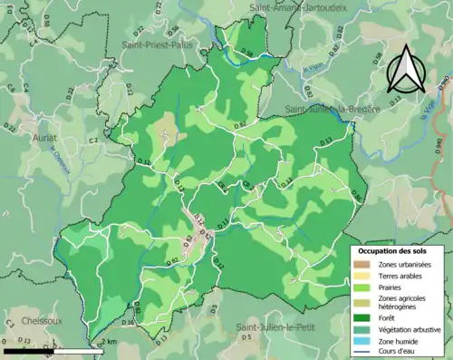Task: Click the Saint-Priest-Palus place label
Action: [156, 43]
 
